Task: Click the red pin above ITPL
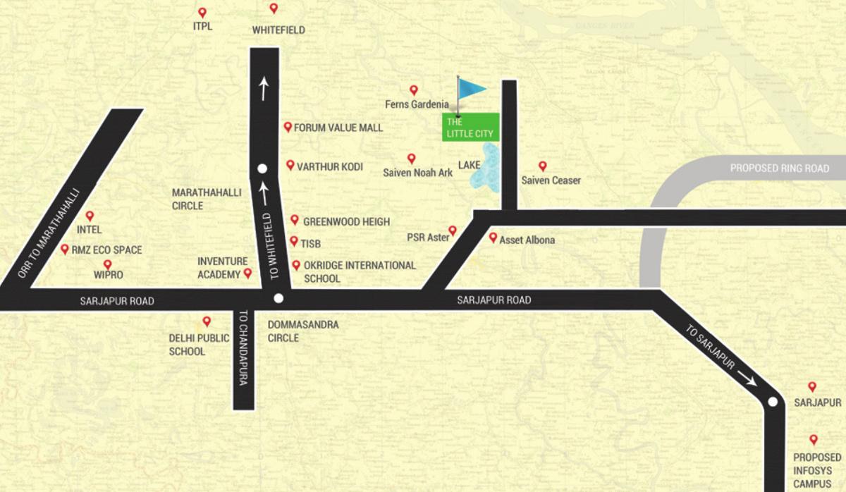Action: pos(202,13)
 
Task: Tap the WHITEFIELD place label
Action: pos(278,30)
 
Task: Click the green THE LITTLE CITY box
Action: pos(471,127)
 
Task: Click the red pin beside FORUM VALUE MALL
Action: pos(288,127)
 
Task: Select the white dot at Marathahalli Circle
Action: pos(262,168)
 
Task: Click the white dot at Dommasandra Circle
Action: pos(278,298)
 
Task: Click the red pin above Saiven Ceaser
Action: pos(542,166)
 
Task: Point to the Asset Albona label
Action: pos(527,240)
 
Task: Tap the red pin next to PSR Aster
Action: pos(453,230)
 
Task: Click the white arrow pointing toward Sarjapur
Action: pos(748,380)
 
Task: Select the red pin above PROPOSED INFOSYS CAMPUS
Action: pos(814,438)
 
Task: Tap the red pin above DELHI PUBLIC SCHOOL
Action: pos(207,321)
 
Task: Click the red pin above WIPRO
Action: pos(108,264)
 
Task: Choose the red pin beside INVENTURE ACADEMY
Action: pos(247,273)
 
